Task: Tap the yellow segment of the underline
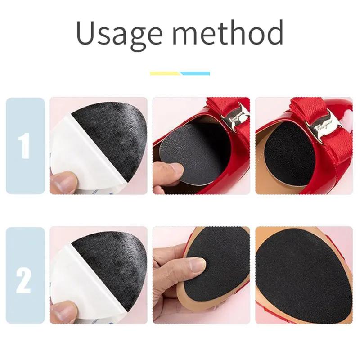(165, 73)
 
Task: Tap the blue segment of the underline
(194, 73)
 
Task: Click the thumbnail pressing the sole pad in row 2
(197, 264)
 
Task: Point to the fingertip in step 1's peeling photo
(63, 182)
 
